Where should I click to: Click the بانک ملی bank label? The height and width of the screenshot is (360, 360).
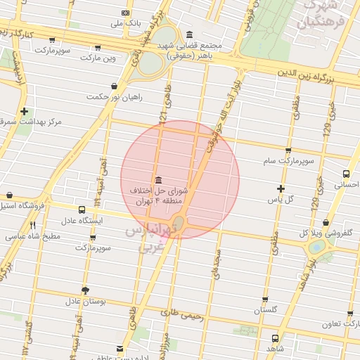tap(126, 22)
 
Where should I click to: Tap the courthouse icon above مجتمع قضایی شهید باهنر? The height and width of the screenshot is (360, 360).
tap(189, 34)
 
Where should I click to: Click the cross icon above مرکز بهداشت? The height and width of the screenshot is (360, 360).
tap(25, 111)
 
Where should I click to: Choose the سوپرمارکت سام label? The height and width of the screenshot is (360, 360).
tap(288, 161)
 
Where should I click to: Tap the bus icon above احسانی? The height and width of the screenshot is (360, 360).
tap(346, 174)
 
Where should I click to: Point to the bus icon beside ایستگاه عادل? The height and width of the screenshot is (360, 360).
tap(82, 210)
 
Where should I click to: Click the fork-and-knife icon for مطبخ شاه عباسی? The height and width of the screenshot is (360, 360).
tap(32, 225)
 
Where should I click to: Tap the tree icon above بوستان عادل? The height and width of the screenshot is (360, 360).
tap(86, 290)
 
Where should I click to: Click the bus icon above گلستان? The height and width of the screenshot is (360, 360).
tap(265, 297)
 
